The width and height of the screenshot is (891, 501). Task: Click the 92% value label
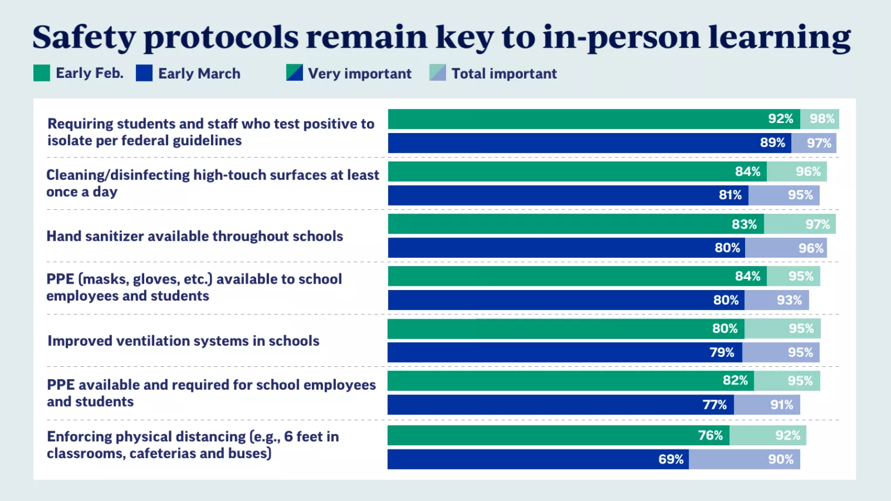[x=780, y=119]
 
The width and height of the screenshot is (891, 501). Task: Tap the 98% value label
[x=822, y=119]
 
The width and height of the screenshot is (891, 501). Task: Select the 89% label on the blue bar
[x=772, y=143]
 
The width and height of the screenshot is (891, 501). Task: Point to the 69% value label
[x=671, y=459]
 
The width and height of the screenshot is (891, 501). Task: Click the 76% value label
[x=710, y=435]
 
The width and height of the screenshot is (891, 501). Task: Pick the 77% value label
[x=714, y=405]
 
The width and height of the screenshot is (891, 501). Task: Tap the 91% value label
[x=781, y=405]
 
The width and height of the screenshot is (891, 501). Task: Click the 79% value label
[x=722, y=353]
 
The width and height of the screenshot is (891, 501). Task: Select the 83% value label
[x=744, y=224]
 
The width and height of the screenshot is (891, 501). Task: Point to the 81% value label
[x=730, y=195]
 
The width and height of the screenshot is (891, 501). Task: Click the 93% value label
[x=789, y=300]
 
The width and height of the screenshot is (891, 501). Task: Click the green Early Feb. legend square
[x=42, y=73]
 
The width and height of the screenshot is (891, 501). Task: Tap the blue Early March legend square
[x=144, y=73]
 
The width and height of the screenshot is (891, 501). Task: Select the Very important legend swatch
[x=294, y=73]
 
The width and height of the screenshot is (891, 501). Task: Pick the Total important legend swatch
[x=437, y=73]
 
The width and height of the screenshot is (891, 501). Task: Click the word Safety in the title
[x=84, y=38]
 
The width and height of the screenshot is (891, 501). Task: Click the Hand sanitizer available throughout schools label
[x=195, y=236]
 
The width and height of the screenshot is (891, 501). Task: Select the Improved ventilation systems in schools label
[x=183, y=341]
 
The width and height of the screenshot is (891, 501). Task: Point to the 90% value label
[x=781, y=459]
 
